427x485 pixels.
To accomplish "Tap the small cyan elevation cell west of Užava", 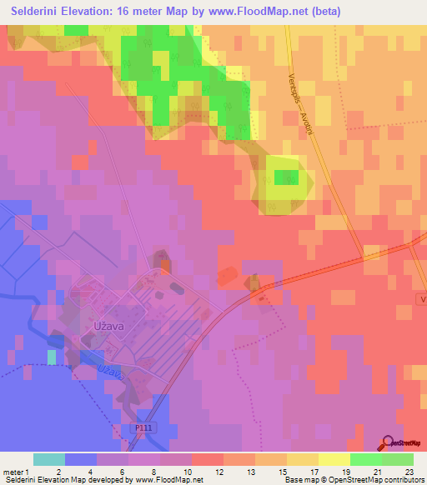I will (x=53, y=357).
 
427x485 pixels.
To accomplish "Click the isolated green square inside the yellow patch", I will (x=286, y=177).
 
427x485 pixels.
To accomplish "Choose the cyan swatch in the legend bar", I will (x=49, y=459).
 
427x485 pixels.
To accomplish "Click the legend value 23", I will (x=410, y=472).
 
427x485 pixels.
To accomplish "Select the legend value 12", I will (x=219, y=472).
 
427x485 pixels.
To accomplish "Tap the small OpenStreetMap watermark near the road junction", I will (x=266, y=290).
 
